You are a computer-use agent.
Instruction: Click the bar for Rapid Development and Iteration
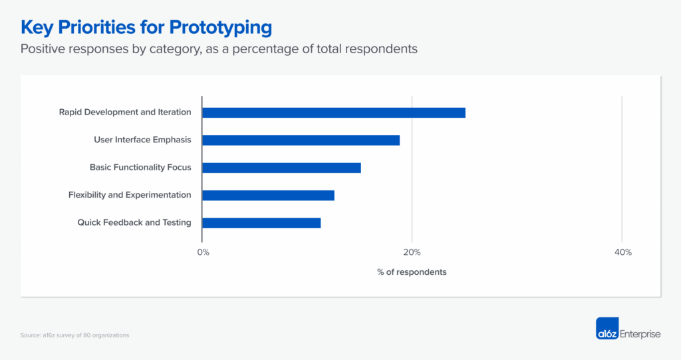[x=334, y=112]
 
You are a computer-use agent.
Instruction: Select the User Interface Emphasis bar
[x=301, y=140]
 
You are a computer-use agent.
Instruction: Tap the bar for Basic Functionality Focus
[x=281, y=168]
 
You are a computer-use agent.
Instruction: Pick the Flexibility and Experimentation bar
[x=268, y=195]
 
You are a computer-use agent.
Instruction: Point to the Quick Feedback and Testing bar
[x=261, y=223]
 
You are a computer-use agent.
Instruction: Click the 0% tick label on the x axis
[x=204, y=252]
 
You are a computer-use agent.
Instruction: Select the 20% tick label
[x=412, y=252]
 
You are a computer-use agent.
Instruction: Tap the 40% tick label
[x=622, y=252]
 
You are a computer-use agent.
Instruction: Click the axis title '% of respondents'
[x=412, y=272]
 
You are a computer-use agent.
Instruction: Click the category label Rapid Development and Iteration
[x=125, y=112]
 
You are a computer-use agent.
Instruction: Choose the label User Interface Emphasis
[x=142, y=140]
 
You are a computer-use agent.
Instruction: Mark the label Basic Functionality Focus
[x=140, y=168]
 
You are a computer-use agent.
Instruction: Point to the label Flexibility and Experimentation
[x=130, y=195]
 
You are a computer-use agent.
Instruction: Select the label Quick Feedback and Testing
[x=134, y=223]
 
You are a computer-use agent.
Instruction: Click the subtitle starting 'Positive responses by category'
[x=219, y=50]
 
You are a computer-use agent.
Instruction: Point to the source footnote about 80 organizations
[x=74, y=335]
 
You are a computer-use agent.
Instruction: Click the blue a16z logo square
[x=607, y=329]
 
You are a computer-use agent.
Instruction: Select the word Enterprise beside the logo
[x=640, y=334]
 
